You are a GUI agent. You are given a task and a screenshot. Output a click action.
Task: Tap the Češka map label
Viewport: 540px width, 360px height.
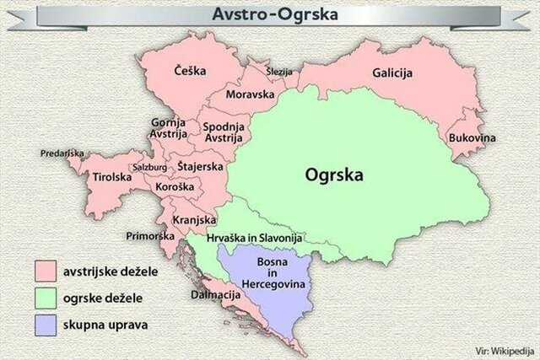[x=190, y=72]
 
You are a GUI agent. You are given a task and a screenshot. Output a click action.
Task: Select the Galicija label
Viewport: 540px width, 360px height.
[x=391, y=73]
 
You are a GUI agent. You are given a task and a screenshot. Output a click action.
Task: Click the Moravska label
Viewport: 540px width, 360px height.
[x=250, y=96]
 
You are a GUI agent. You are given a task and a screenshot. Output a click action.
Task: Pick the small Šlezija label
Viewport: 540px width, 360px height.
[x=279, y=72]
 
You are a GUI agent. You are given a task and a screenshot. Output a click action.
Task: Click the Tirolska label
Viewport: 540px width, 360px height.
[x=112, y=177]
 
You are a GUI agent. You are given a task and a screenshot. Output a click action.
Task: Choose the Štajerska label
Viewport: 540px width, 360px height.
[x=201, y=166]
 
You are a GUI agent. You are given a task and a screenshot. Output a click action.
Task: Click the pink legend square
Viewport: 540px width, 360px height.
[x=46, y=271]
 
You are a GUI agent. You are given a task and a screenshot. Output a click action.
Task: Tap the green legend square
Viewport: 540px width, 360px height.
[x=46, y=298]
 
